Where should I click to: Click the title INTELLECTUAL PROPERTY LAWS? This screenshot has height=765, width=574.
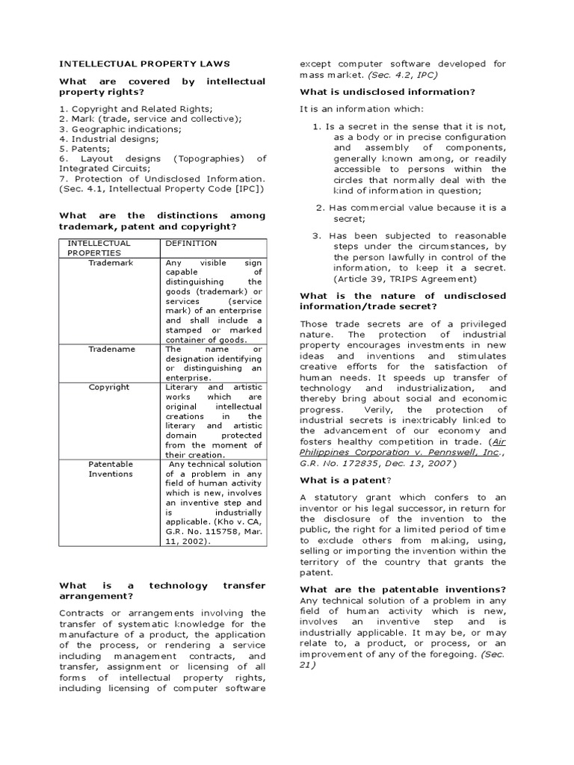click(x=144, y=64)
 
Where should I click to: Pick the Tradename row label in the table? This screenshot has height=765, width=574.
click(x=111, y=349)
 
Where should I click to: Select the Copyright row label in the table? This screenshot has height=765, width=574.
click(x=109, y=387)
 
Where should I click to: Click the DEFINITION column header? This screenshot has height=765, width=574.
click(x=191, y=244)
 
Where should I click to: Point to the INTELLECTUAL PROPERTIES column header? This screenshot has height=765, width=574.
click(x=99, y=248)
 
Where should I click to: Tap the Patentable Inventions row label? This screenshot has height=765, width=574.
click(x=111, y=468)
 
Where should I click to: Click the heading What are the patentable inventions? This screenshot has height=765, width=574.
click(x=403, y=589)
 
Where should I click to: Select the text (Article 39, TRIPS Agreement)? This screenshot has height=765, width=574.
click(x=403, y=279)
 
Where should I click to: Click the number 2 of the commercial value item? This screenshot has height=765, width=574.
click(x=320, y=208)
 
